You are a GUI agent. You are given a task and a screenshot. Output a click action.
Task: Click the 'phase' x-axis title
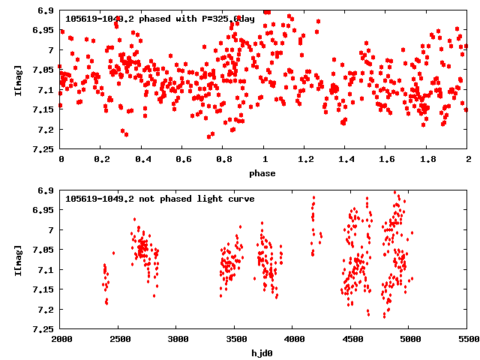pyautogui.click(x=264, y=173)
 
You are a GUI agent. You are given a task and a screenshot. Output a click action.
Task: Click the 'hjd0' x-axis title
pyautogui.click(x=264, y=353)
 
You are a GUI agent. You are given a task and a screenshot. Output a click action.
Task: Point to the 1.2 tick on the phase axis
pyautogui.click(x=305, y=160)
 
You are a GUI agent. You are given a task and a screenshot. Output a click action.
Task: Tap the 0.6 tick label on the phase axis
pyautogui.click(x=183, y=160)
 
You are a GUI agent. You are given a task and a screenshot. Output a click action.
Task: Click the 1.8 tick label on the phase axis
pyautogui.click(x=427, y=160)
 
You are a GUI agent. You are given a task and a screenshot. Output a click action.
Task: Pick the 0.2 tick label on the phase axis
pyautogui.click(x=101, y=160)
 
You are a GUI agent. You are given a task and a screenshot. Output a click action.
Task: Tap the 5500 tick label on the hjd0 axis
pyautogui.click(x=468, y=340)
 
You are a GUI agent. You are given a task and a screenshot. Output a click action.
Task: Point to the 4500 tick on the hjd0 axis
pyautogui.click(x=352, y=340)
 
